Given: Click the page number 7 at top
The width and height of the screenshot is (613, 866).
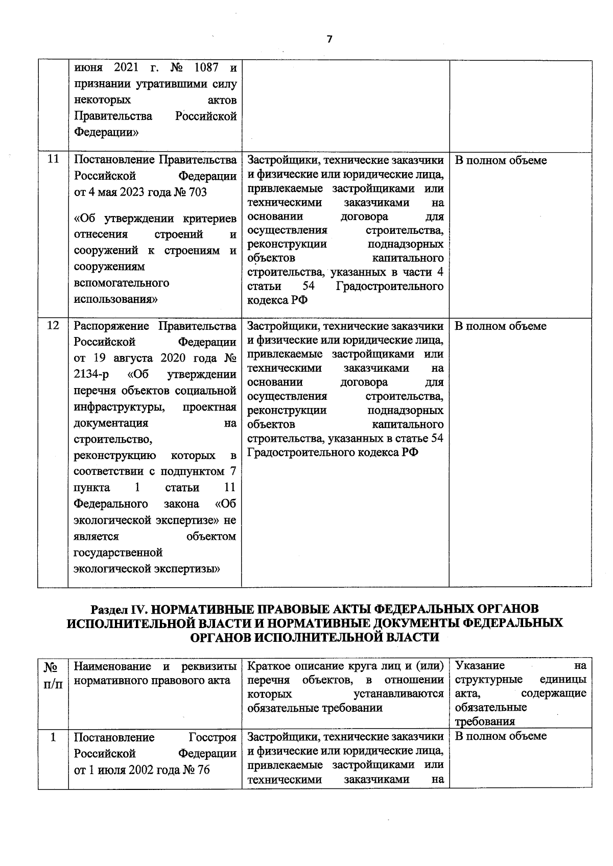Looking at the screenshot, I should [329, 40].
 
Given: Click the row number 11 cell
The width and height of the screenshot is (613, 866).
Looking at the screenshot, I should [53, 159].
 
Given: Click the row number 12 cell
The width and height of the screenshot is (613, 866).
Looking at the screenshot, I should [53, 325].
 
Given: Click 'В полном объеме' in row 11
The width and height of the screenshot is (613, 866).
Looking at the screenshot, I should [500, 160].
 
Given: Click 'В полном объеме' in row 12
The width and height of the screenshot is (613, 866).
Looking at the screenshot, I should [500, 326].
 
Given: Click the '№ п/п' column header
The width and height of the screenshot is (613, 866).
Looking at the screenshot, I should [52, 675].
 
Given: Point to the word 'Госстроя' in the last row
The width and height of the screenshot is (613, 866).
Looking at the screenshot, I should [213, 737].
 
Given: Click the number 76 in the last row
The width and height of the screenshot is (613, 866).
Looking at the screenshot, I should [203, 770].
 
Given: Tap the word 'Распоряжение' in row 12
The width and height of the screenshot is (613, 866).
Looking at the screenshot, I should [112, 326].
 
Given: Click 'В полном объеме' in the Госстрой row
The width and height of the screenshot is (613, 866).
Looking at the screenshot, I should [500, 736].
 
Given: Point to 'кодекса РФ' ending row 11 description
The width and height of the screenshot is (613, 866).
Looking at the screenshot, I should [277, 300].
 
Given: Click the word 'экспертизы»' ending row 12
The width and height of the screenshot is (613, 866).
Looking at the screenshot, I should [191, 568].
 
